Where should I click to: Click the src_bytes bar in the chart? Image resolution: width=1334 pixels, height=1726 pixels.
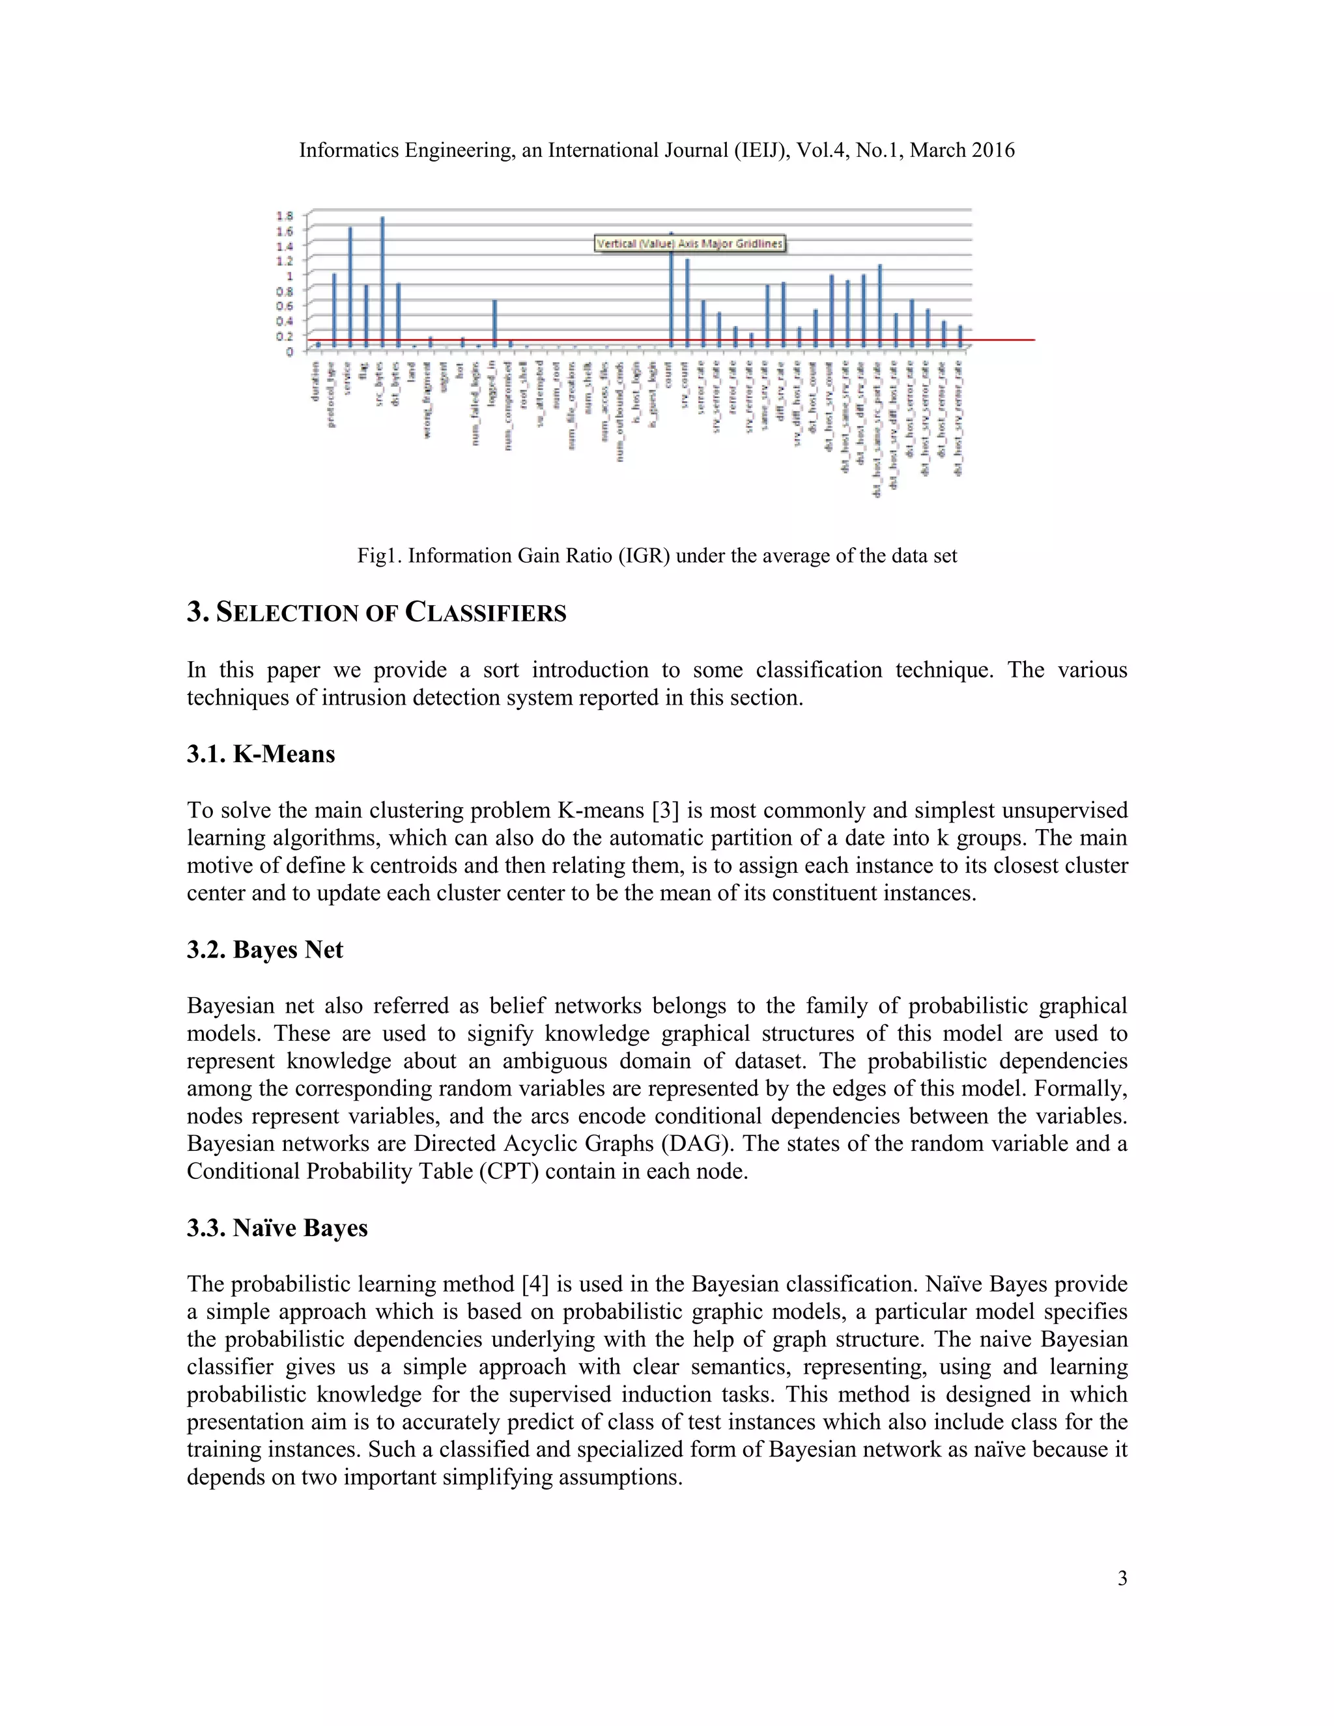382,281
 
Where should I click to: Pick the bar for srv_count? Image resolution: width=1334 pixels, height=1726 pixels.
687,303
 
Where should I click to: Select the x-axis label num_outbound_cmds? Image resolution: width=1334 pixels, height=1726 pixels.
620,412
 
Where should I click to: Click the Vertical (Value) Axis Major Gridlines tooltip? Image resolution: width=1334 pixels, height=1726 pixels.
689,244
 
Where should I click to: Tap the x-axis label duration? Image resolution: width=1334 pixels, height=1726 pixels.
315,381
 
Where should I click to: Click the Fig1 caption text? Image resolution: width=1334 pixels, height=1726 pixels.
657,556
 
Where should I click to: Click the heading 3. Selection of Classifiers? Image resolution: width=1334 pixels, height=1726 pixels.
376,612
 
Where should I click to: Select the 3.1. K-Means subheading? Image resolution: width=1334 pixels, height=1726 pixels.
261,754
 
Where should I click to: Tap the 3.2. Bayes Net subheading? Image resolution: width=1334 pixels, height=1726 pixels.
264,949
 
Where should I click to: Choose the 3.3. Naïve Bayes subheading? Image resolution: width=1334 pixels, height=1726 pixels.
277,1227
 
